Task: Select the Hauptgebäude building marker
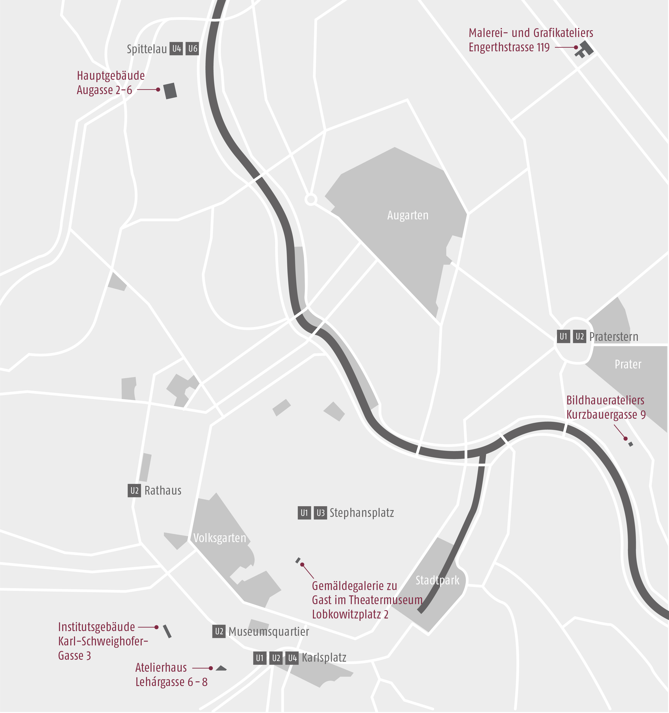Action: tap(170, 91)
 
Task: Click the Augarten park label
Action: tap(408, 215)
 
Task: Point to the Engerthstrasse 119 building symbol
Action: tap(584, 49)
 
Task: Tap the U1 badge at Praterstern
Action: tap(563, 336)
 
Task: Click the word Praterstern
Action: tap(614, 337)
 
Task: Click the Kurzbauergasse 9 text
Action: tap(606, 415)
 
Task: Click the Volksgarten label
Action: tap(220, 538)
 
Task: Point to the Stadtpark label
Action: tap(437, 580)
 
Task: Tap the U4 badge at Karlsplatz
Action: tap(292, 658)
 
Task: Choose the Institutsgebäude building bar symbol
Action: tap(167, 631)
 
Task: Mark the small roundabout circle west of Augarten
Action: tap(311, 199)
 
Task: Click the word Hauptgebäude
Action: tap(111, 76)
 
